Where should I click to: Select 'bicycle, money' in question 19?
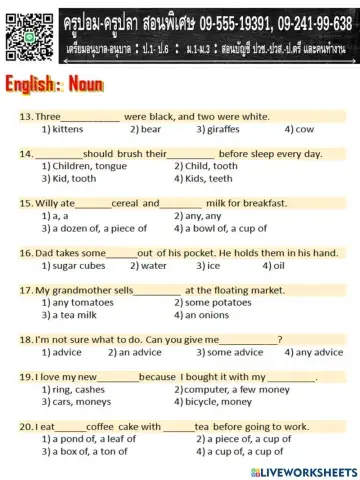tap(219, 400)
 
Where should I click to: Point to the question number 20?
tap(26, 425)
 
